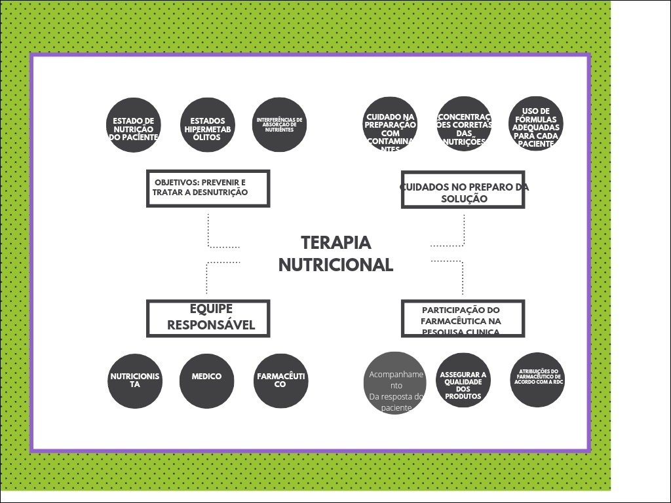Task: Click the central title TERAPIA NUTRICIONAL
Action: click(335, 253)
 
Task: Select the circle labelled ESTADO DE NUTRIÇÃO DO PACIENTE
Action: click(134, 125)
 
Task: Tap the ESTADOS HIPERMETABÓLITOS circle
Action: click(207, 125)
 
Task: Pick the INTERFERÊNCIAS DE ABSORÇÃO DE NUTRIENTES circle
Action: click(280, 125)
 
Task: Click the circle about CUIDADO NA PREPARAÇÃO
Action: click(390, 125)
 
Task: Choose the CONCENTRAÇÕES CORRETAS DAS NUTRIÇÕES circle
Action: click(464, 125)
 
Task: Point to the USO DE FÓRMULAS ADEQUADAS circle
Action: click(536, 125)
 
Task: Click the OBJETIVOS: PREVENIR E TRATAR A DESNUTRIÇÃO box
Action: click(208, 188)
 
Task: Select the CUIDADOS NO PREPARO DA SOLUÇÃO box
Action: click(463, 189)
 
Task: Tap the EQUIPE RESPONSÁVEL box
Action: click(208, 318)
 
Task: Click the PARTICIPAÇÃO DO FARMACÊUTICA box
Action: click(463, 318)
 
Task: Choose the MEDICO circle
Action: click(207, 381)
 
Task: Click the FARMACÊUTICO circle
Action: click(280, 381)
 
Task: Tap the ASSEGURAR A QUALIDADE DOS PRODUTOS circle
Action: click(463, 381)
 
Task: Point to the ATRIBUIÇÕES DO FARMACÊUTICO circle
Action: click(537, 379)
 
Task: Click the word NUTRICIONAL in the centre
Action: click(335, 265)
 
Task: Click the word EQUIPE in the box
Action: click(211, 309)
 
